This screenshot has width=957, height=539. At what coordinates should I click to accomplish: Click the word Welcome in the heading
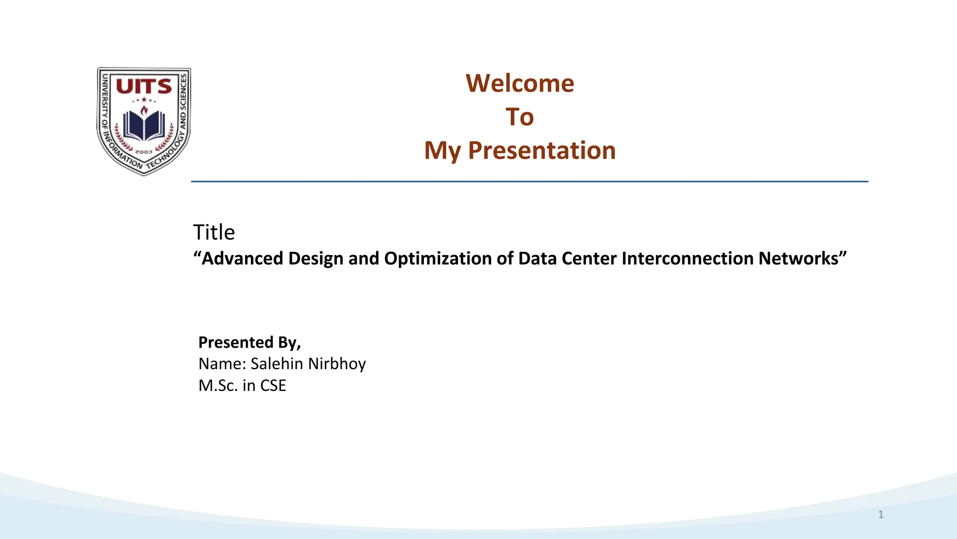(520, 84)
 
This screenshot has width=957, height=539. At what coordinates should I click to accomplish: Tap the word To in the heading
(520, 117)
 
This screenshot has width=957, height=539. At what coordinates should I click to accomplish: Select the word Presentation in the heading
(542, 151)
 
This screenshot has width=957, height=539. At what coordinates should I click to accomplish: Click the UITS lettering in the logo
(143, 87)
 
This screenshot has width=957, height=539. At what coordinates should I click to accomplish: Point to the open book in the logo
(144, 125)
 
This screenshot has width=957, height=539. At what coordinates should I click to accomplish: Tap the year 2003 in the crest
(143, 152)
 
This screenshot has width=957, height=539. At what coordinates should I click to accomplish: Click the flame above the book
(144, 110)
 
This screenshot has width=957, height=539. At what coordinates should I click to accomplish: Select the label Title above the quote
(214, 233)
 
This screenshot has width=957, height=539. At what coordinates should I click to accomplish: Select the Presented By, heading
(250, 342)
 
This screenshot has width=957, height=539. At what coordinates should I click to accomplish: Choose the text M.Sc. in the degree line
(218, 386)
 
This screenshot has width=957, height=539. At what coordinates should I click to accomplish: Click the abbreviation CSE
(273, 386)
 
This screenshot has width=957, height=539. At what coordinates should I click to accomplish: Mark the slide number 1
(881, 515)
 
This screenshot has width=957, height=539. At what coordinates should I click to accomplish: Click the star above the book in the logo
(144, 100)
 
